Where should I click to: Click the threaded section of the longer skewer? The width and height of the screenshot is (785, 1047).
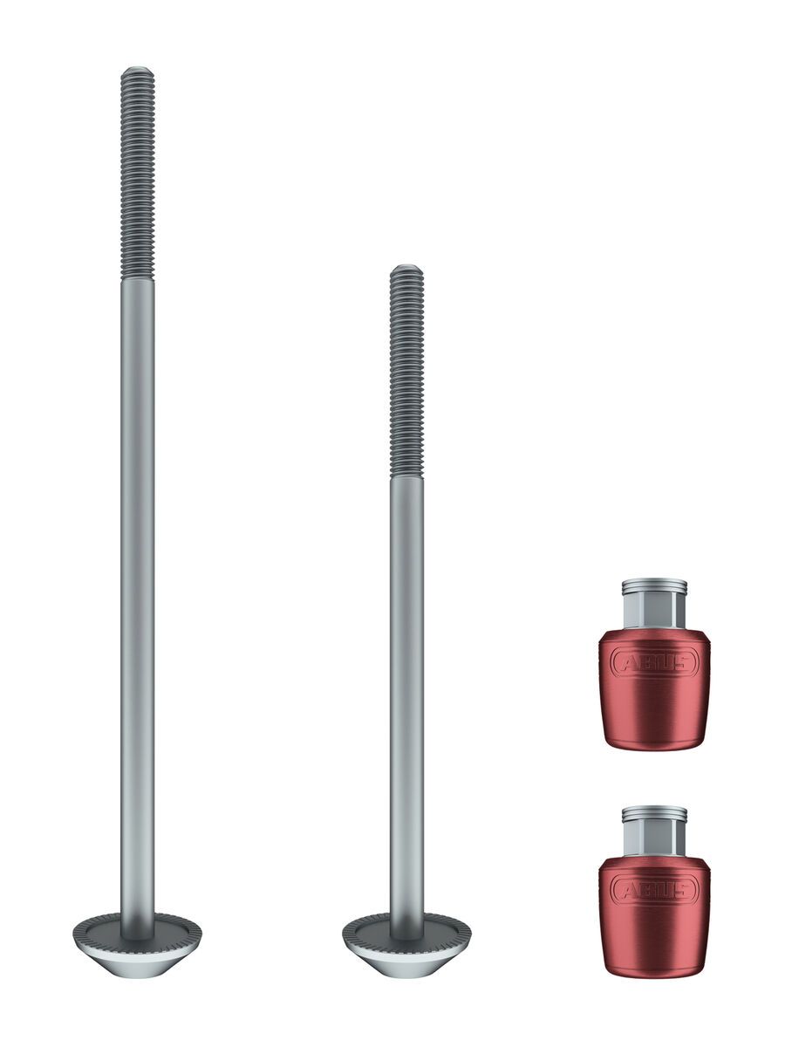click(137, 174)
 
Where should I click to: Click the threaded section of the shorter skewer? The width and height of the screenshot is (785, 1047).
click(406, 371)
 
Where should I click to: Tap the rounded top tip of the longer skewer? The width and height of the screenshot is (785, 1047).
click(137, 71)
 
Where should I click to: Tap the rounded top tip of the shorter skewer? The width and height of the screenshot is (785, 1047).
click(406, 269)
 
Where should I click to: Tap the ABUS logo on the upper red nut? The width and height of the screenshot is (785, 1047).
click(654, 663)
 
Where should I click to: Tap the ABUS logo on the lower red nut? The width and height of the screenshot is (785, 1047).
click(654, 889)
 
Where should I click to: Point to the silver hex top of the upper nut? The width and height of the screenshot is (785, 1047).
click(654, 602)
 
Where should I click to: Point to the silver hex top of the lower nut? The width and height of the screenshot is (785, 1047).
click(654, 829)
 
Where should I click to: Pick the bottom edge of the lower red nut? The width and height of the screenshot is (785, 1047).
click(654, 972)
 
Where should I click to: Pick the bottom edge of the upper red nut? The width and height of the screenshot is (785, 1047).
click(654, 747)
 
